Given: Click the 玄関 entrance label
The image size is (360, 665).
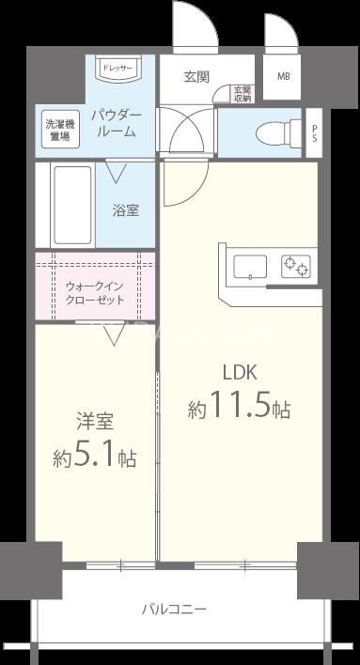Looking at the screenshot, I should pyautogui.click(x=196, y=77).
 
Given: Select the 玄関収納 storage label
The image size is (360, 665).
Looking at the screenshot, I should pyautogui.click(x=243, y=95).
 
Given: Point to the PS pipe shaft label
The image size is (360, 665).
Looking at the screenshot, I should pyautogui.click(x=314, y=131).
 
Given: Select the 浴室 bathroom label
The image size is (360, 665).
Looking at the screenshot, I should pyautogui.click(x=126, y=209).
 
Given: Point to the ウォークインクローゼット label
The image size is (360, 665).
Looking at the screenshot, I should pyautogui.click(x=95, y=292).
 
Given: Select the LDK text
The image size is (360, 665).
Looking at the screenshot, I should pyautogui.click(x=239, y=371).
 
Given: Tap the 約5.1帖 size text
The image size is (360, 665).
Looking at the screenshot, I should pyautogui.click(x=95, y=457).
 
